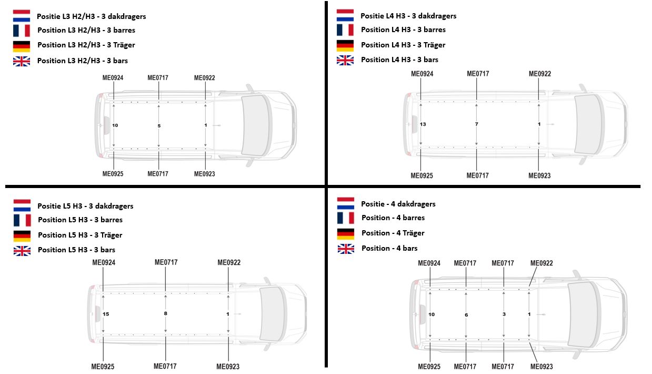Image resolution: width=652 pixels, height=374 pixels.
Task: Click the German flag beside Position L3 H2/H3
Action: pos(22,46)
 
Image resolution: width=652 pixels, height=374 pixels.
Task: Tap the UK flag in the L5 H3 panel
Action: pos(22,251)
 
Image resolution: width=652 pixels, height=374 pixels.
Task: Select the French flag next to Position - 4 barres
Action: pos(346,218)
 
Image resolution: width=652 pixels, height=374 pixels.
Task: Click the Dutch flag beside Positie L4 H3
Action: pos(345,15)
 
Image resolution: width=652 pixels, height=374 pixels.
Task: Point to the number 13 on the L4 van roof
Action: pos(423,124)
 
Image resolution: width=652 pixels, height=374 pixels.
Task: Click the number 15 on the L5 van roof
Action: pos(106,314)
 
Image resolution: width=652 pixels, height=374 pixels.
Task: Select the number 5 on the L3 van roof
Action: pos(159,126)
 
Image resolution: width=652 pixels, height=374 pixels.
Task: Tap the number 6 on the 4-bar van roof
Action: pos(466,315)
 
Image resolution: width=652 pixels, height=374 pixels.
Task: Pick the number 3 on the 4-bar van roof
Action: pos(504,314)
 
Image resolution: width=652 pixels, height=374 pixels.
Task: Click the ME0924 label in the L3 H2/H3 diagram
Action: pos(113,78)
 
